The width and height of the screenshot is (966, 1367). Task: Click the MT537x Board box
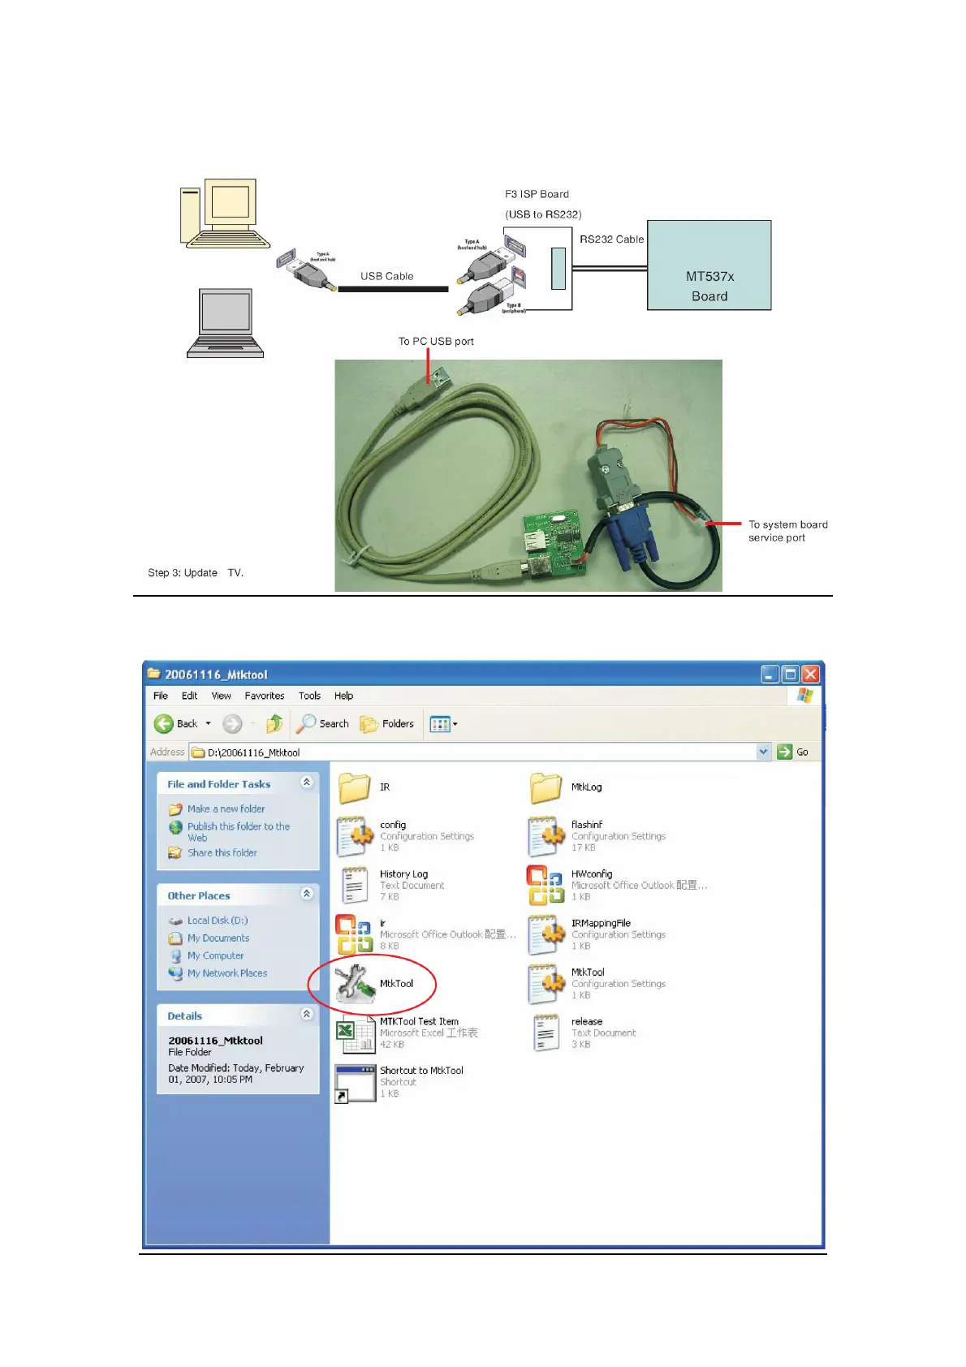click(x=709, y=265)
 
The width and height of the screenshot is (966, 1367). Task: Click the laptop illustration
click(x=226, y=323)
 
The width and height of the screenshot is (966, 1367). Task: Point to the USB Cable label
click(x=386, y=276)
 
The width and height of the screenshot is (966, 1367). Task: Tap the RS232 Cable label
click(x=611, y=239)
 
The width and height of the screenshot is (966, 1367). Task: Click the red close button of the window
click(x=810, y=674)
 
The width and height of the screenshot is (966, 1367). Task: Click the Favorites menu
click(x=265, y=696)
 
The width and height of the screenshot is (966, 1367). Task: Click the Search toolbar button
click(x=323, y=723)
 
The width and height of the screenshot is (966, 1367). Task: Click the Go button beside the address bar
click(x=793, y=752)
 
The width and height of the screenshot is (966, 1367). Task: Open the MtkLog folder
click(x=546, y=787)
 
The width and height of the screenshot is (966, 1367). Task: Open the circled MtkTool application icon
click(x=356, y=983)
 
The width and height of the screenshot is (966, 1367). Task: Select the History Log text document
click(x=355, y=885)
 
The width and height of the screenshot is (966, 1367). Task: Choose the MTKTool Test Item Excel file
click(x=355, y=1033)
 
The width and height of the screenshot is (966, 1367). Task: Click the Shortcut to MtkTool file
click(x=356, y=1082)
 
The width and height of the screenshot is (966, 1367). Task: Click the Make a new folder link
click(x=226, y=809)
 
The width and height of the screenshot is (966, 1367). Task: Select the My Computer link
click(x=215, y=955)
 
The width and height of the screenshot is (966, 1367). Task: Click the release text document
click(x=546, y=1033)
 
